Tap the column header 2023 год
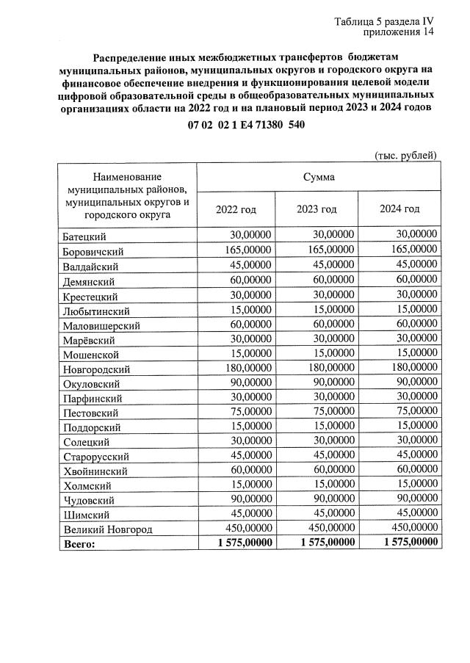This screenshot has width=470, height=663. coord(317,209)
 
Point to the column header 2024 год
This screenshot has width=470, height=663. coord(399,209)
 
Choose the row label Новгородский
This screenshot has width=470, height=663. coord(97,369)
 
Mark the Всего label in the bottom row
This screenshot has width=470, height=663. coord(80,543)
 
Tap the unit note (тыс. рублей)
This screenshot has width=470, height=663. coord(406,155)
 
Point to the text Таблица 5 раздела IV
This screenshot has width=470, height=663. coord(385,21)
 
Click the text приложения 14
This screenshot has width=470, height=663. coord(399,33)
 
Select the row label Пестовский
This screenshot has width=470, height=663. coord(91,413)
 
